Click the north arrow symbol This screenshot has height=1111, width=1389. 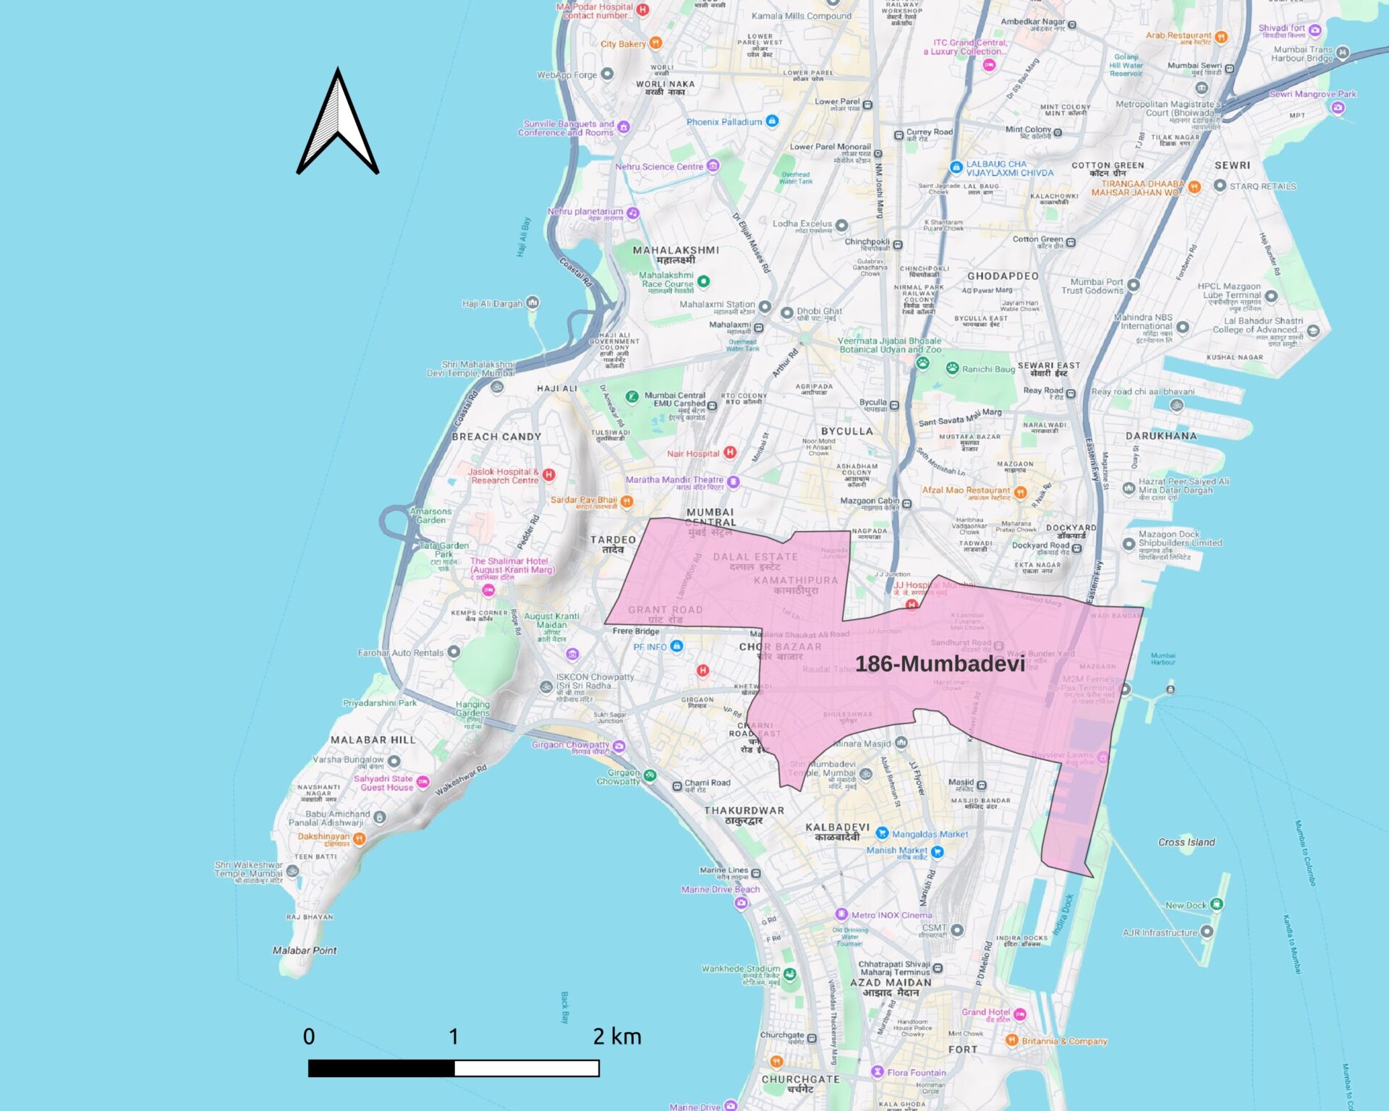pyautogui.click(x=338, y=123)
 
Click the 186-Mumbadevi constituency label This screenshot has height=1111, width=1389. pyautogui.click(x=940, y=663)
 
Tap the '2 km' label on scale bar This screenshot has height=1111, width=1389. pyautogui.click(x=617, y=1036)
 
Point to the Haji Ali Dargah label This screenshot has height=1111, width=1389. pyautogui.click(x=492, y=304)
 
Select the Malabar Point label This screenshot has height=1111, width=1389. pyautogui.click(x=305, y=950)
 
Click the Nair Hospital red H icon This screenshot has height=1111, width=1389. pyautogui.click(x=730, y=452)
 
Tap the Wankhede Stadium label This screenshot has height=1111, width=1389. pyautogui.click(x=741, y=969)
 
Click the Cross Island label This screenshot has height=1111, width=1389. pyautogui.click(x=1186, y=842)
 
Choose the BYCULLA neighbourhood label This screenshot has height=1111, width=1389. pyautogui.click(x=846, y=431)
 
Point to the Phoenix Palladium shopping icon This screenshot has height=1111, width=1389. pyautogui.click(x=772, y=121)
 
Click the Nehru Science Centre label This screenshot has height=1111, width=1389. pyautogui.click(x=659, y=166)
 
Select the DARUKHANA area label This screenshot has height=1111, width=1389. pyautogui.click(x=1161, y=435)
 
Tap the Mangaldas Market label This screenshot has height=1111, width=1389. pyautogui.click(x=930, y=834)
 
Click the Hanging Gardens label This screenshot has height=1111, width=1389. pyautogui.click(x=472, y=708)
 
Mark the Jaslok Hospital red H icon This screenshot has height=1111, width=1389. pyautogui.click(x=549, y=474)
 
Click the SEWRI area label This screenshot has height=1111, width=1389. pyautogui.click(x=1232, y=165)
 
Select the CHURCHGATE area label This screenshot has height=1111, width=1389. pyautogui.click(x=800, y=1079)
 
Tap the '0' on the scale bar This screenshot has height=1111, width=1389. pyautogui.click(x=309, y=1036)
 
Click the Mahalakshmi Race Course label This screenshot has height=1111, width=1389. pyautogui.click(x=666, y=279)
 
